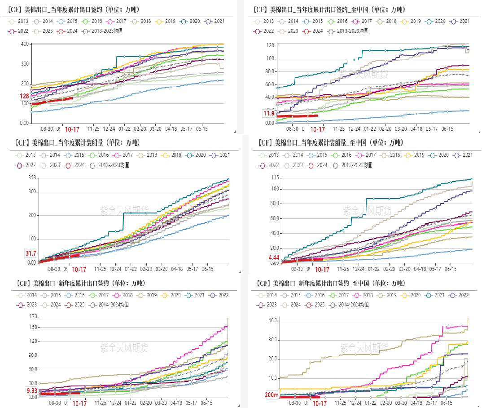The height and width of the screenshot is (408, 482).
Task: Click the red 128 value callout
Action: (24, 96)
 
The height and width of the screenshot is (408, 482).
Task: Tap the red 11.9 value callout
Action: (269, 113)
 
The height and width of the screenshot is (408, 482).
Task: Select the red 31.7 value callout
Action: (31, 253)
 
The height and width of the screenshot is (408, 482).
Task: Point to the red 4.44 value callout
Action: (274, 257)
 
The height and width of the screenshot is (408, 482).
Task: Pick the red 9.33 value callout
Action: (32, 391)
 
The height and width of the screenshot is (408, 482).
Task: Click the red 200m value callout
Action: (271, 395)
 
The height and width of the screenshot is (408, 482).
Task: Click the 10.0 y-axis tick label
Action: (272, 378)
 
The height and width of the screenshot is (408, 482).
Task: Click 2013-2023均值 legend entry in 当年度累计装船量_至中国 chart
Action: (352, 165)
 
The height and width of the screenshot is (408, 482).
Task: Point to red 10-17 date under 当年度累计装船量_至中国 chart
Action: (322, 270)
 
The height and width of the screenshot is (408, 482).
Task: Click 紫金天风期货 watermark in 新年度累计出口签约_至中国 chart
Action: (364, 347)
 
